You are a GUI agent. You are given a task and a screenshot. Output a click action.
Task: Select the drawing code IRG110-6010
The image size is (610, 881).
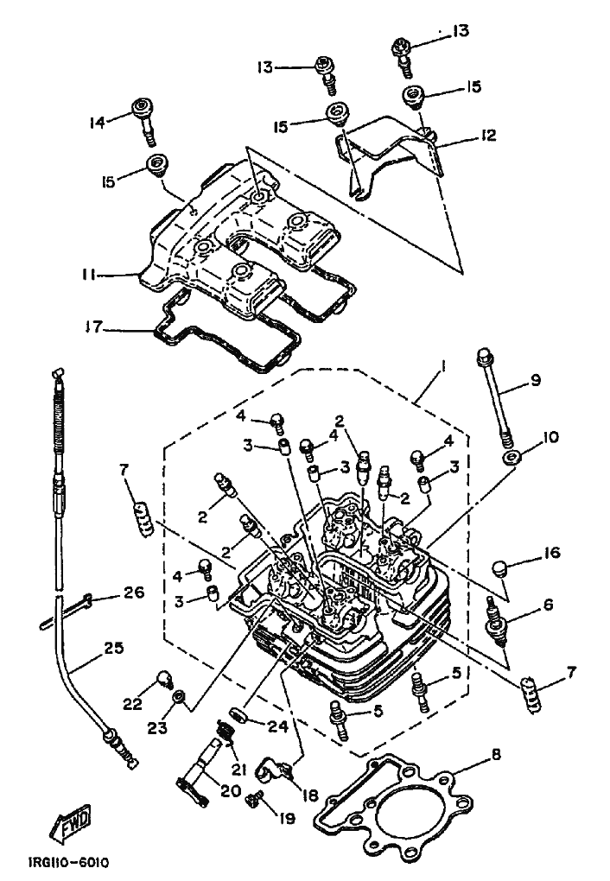coord(68,863)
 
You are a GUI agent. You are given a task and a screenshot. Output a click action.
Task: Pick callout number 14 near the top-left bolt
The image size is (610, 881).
coord(98,123)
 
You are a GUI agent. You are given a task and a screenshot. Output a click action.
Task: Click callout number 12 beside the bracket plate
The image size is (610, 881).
coord(489,136)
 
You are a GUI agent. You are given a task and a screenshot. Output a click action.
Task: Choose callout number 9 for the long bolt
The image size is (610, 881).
coord(536,379)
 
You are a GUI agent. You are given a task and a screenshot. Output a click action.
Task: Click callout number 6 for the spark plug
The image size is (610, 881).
coord(548,607)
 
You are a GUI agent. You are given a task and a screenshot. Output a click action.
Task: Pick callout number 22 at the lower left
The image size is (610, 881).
coord(131,705)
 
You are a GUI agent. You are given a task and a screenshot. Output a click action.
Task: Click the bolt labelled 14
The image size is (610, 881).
coord(143,118)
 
